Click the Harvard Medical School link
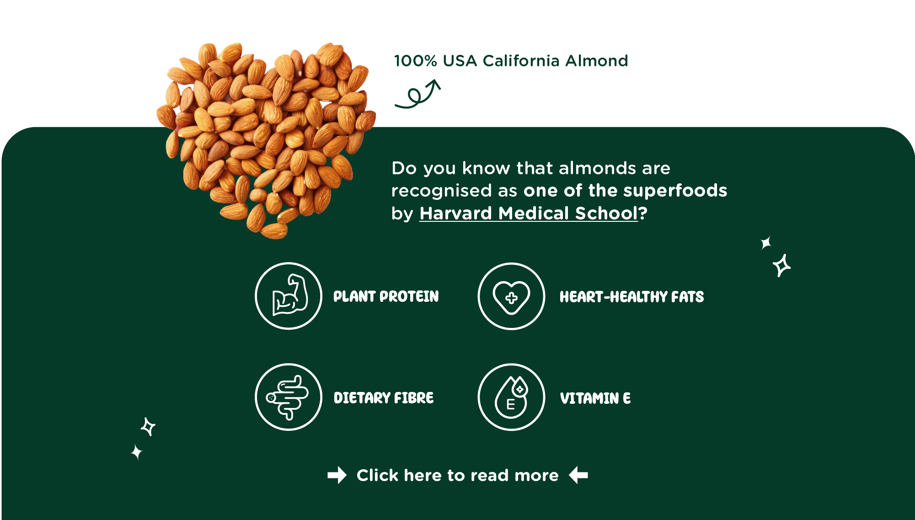529,214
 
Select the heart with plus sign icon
511,296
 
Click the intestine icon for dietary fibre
289,397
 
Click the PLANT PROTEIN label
386,296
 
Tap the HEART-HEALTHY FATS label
631,297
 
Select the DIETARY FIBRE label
384,398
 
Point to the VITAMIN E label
595,398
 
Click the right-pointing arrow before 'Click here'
337,475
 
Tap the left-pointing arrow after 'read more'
578,475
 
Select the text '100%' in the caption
416,61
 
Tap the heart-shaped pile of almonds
266,137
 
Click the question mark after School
643,213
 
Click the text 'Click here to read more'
457,475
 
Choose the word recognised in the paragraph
441,191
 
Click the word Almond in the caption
597,61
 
